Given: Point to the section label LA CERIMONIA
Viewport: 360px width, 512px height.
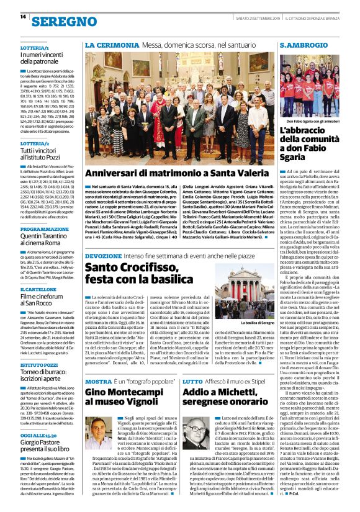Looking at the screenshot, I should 107,45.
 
